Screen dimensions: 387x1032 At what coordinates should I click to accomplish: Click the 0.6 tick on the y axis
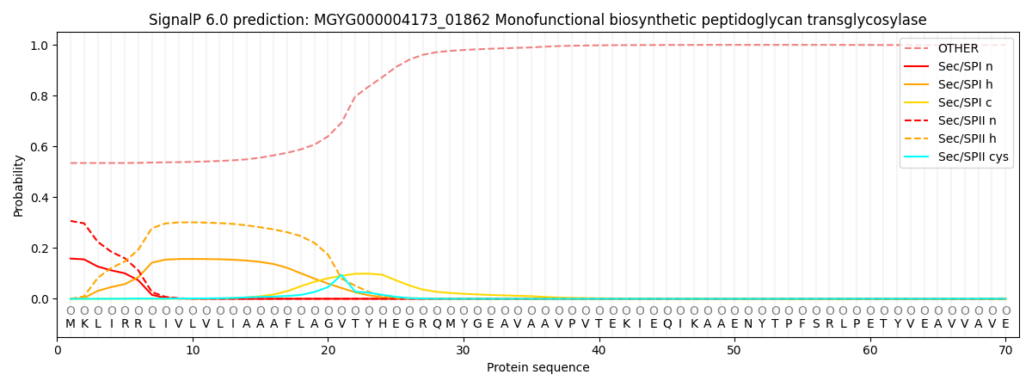(x=40, y=147)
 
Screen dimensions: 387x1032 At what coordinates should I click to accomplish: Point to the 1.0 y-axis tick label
(x=40, y=45)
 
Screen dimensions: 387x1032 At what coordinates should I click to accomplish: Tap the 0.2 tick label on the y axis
(x=40, y=249)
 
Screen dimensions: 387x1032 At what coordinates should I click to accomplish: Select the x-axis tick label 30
(x=463, y=350)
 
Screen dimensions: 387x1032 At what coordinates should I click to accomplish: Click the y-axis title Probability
(x=19, y=185)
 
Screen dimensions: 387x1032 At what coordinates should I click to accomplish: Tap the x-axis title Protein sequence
(x=537, y=368)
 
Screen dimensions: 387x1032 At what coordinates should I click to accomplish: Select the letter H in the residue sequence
(x=382, y=324)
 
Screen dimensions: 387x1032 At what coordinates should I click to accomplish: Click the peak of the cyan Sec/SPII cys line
(x=341, y=276)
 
